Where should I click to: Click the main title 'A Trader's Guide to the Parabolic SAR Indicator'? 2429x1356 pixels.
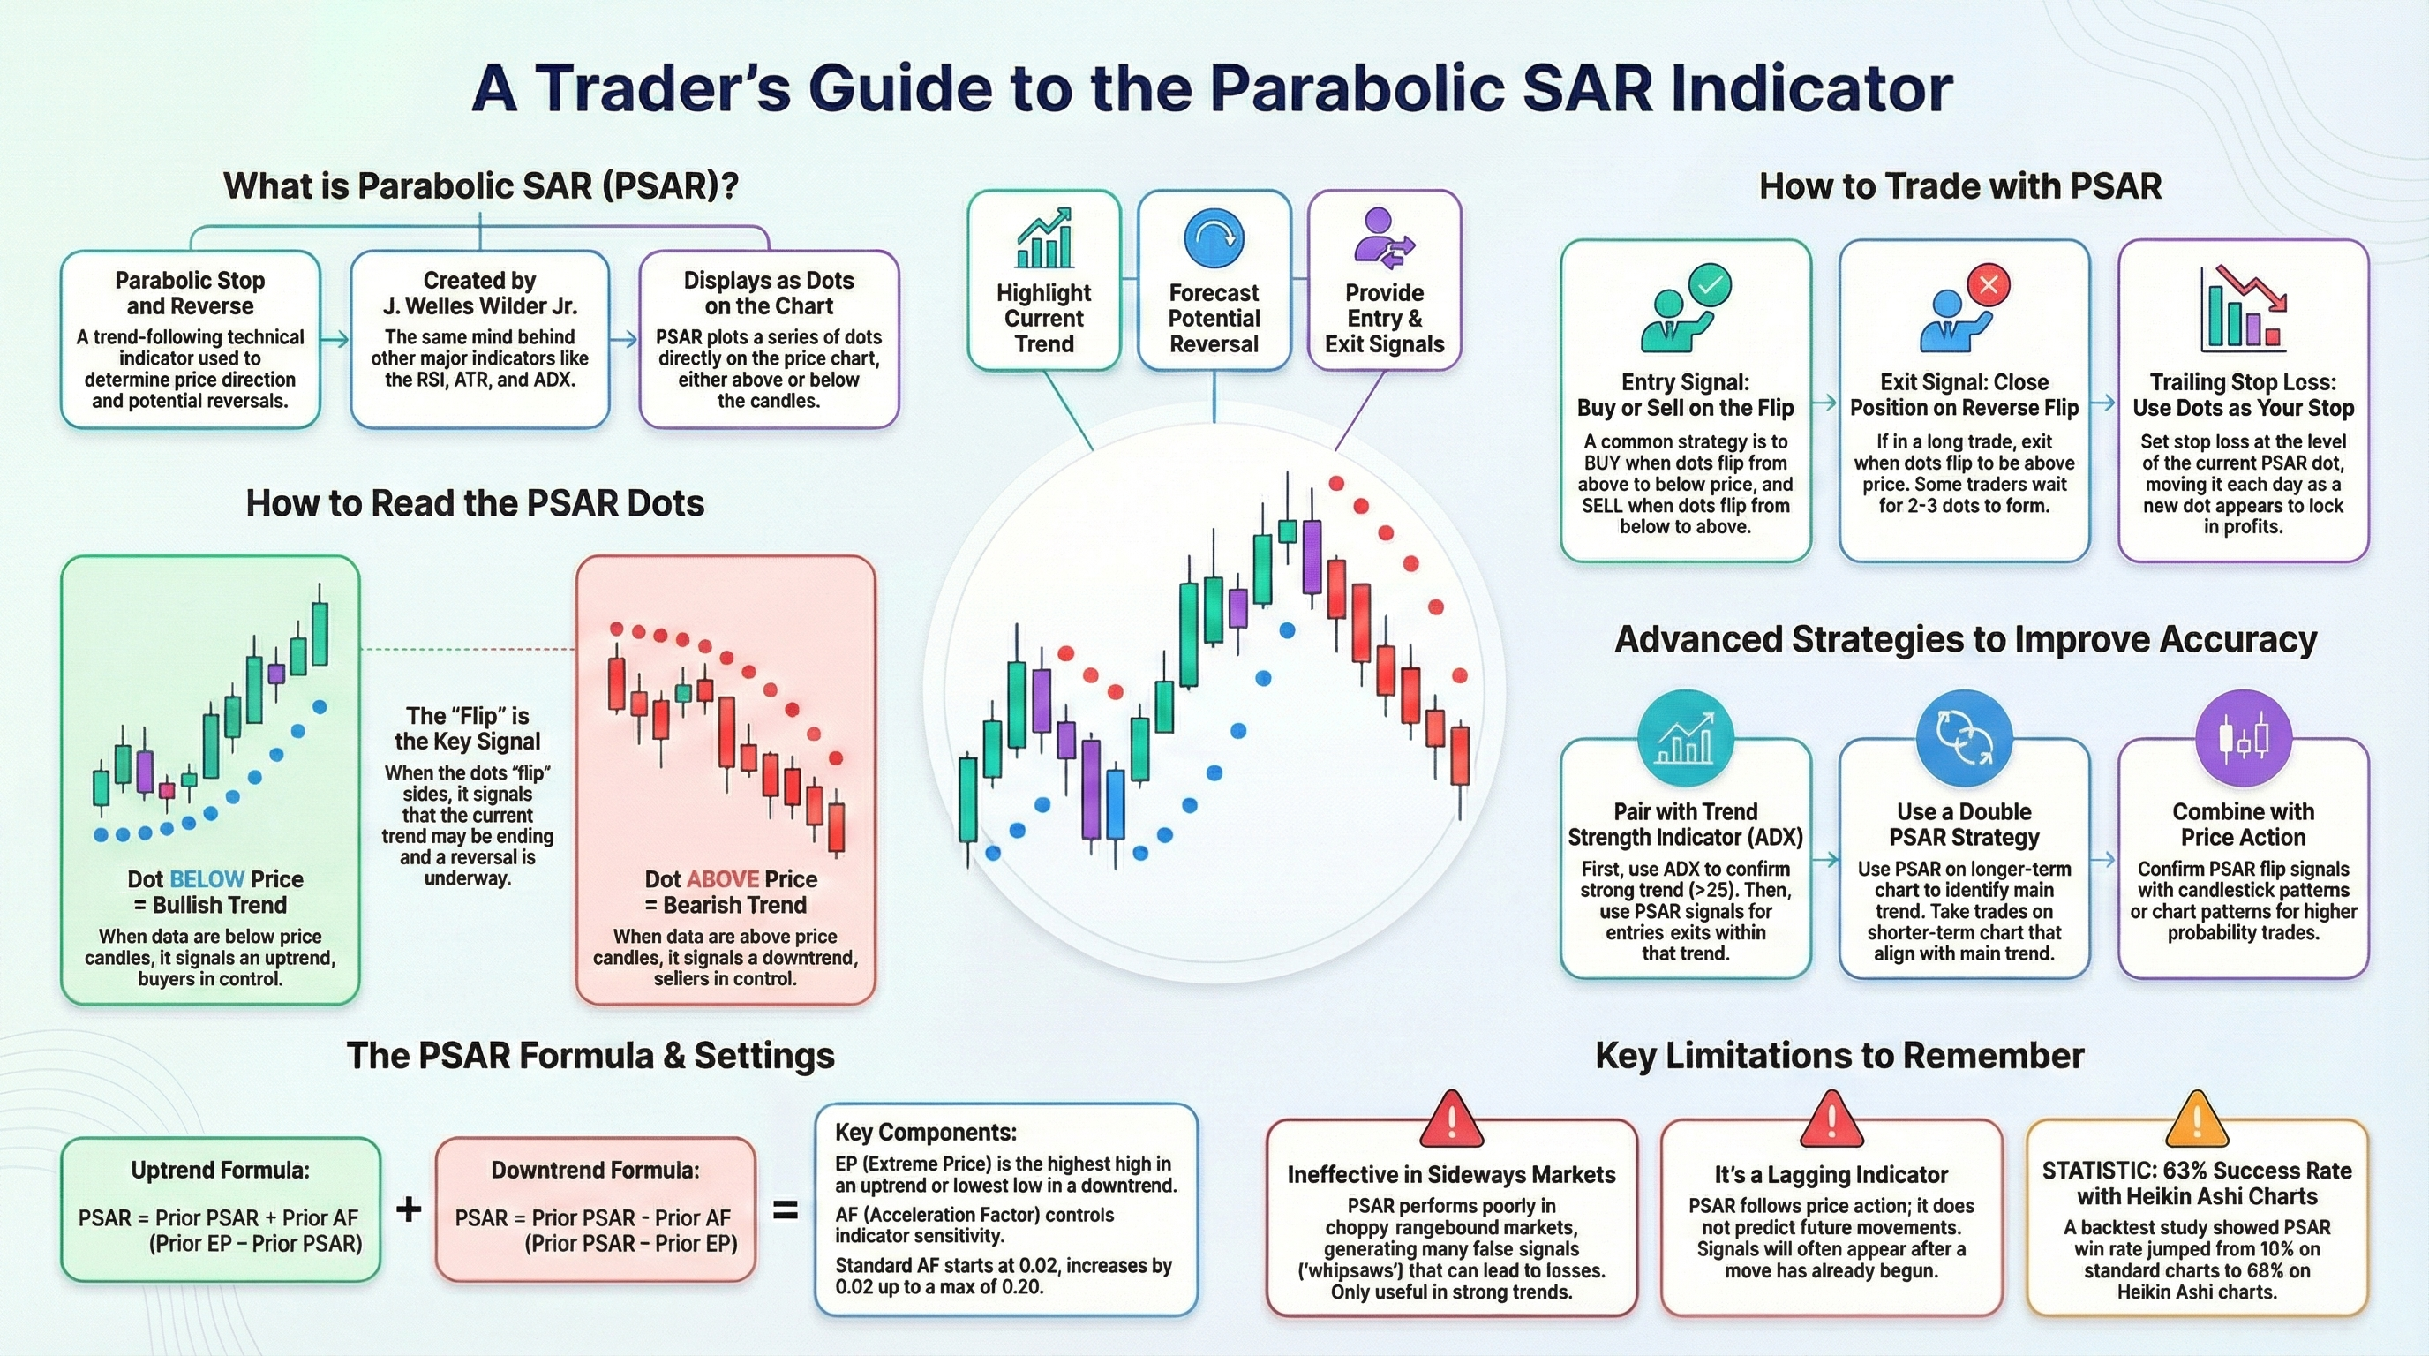click(x=1213, y=87)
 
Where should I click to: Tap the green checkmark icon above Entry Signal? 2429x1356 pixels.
click(x=1710, y=284)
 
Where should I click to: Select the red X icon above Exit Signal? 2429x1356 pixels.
click(x=1989, y=284)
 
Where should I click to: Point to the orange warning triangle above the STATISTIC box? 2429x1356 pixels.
click(x=2196, y=1119)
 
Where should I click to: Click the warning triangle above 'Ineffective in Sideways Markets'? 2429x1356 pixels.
click(x=1452, y=1119)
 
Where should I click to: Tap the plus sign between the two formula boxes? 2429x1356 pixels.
click(x=409, y=1209)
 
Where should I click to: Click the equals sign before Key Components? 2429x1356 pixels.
click(x=786, y=1209)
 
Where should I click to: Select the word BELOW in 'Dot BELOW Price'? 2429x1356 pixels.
click(x=207, y=880)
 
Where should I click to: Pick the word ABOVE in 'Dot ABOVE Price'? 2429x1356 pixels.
click(x=722, y=880)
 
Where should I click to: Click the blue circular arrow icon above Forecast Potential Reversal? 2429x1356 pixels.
click(x=1214, y=238)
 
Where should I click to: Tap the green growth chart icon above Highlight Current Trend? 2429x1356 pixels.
click(x=1044, y=238)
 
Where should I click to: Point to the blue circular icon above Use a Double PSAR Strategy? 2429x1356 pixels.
click(x=1965, y=737)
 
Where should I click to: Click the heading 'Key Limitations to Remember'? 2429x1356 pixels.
click(x=1839, y=1056)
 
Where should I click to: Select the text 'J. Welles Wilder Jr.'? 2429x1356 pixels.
click(x=480, y=306)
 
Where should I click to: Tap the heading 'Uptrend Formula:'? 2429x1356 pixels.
click(x=221, y=1171)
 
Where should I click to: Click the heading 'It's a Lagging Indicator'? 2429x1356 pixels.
click(x=1831, y=1175)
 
